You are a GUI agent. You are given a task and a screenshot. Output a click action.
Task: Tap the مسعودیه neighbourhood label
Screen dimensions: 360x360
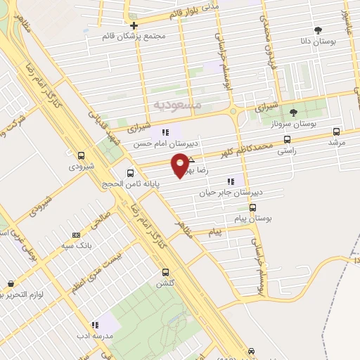tap(177, 103)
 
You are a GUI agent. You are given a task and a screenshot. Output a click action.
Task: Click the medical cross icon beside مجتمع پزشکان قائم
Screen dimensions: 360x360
tap(134, 26)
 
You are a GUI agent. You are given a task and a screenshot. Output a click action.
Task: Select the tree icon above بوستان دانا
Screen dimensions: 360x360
tap(318, 30)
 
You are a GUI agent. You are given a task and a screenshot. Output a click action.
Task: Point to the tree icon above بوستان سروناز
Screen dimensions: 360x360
tap(293, 112)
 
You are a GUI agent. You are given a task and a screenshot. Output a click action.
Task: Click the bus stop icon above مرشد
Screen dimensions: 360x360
tap(337, 131)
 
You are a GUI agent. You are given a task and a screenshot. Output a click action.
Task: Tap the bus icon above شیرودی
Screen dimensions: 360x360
tap(81, 155)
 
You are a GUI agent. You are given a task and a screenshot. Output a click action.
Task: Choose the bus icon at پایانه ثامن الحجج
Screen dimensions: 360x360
tap(130, 173)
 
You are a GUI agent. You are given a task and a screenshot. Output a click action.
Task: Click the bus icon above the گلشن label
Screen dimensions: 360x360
tap(165, 272)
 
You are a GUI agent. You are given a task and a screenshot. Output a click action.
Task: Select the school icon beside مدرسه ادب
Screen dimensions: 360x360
tap(94, 325)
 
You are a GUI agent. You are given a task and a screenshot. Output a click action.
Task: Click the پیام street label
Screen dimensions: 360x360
tap(217, 231)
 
